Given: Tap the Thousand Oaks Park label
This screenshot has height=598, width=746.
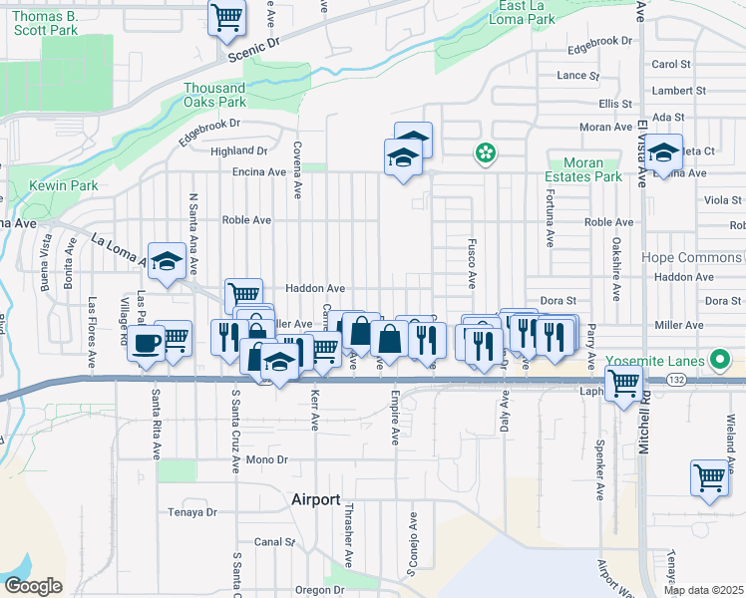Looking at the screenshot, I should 214,95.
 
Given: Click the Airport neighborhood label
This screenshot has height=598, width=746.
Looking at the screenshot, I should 315,499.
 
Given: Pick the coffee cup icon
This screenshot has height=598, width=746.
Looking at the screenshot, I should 147,344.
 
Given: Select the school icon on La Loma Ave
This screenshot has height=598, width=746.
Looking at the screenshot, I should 168,262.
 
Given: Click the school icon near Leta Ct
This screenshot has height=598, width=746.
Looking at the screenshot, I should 662,153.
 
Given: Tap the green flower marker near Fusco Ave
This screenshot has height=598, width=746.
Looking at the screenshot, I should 486,153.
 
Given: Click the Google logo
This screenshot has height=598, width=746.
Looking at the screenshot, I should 33,585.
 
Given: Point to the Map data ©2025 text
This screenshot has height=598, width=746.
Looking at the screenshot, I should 703,590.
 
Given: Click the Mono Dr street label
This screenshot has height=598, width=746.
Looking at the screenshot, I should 266,459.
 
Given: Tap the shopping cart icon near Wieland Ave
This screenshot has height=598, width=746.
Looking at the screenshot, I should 709,476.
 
